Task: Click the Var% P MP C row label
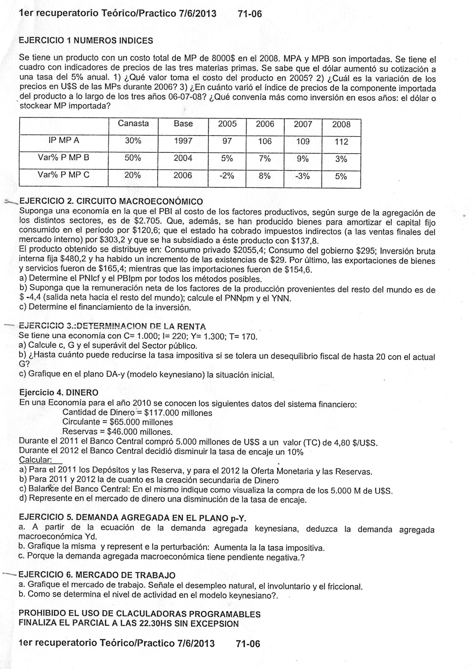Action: click(63, 175)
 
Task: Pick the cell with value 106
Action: click(265, 142)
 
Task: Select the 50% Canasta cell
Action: click(133, 158)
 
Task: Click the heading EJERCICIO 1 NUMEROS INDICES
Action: click(86, 41)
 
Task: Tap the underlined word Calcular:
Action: click(35, 460)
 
